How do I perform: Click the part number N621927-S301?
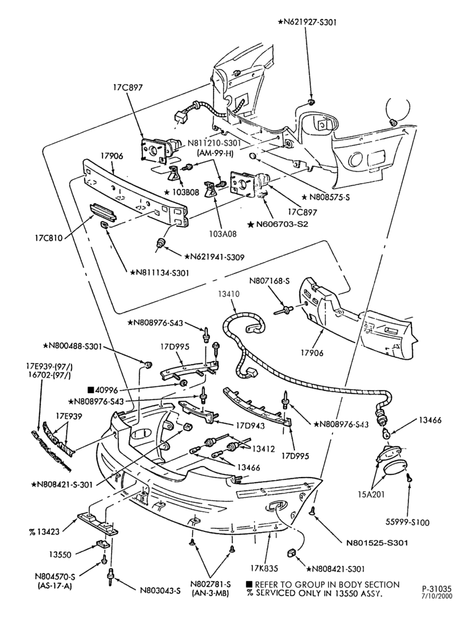[x=307, y=22]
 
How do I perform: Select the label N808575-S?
[x=326, y=197]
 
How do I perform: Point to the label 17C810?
[x=48, y=238]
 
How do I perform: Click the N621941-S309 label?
[x=214, y=257]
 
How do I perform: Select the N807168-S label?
[x=270, y=281]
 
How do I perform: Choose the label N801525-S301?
[x=377, y=543]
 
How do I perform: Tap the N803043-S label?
[x=160, y=590]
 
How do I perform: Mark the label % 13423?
[x=44, y=532]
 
